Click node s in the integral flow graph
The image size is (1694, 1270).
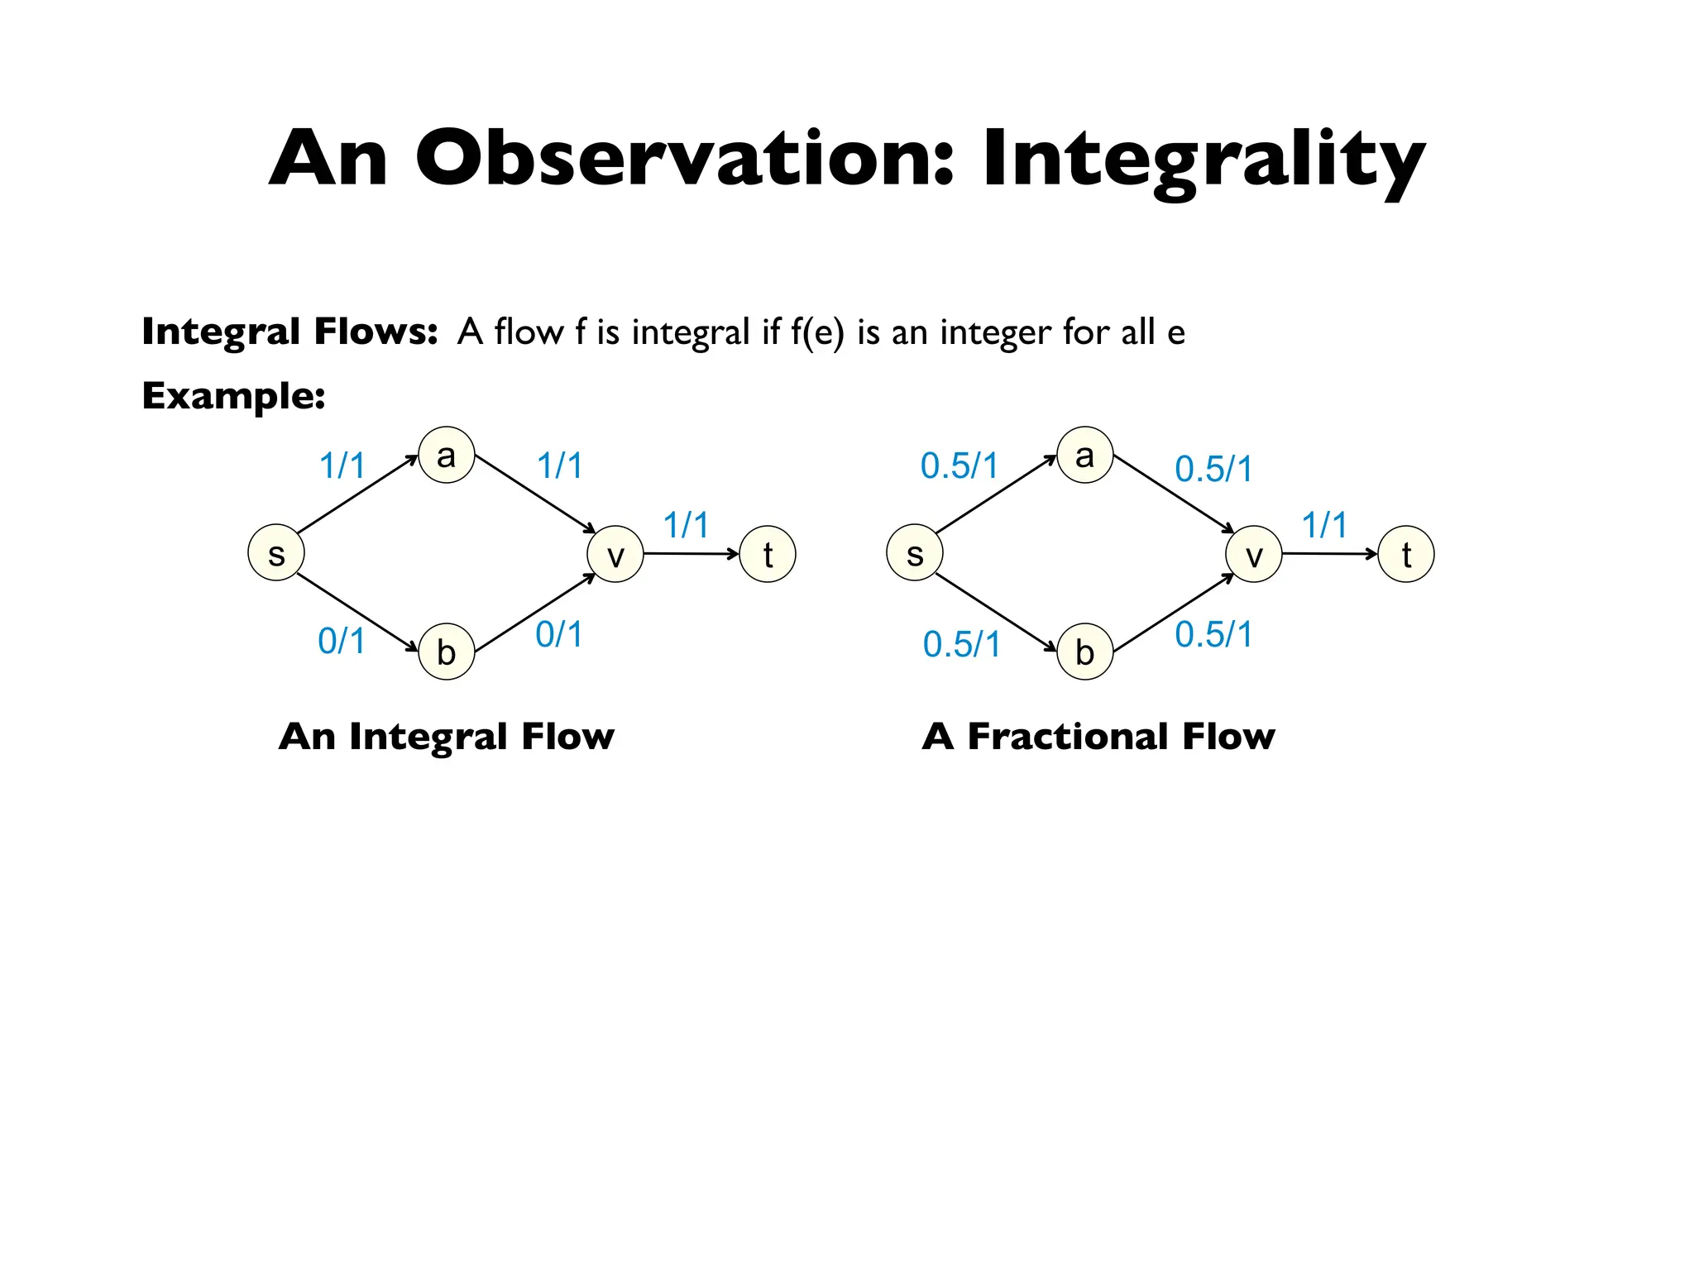[276, 553]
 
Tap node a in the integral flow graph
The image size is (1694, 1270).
[447, 455]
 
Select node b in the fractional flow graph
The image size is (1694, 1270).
[1084, 652]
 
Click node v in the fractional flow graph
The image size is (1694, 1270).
[1254, 554]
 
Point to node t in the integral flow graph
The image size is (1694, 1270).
[768, 554]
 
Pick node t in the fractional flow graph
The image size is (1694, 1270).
[1406, 554]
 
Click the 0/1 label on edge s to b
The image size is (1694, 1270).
[342, 641]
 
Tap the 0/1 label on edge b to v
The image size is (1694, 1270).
[559, 634]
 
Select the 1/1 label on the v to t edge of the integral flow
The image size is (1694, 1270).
[686, 525]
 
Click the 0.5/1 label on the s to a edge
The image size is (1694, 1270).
[959, 466]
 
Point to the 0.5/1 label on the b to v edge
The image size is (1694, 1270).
[1213, 634]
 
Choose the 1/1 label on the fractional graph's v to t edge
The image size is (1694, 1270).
[1324, 525]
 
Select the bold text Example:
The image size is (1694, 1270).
[233, 395]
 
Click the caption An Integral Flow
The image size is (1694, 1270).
[447, 736]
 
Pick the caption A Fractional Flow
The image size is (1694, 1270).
[1098, 736]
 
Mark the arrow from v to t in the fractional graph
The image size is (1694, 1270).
[1329, 553]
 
